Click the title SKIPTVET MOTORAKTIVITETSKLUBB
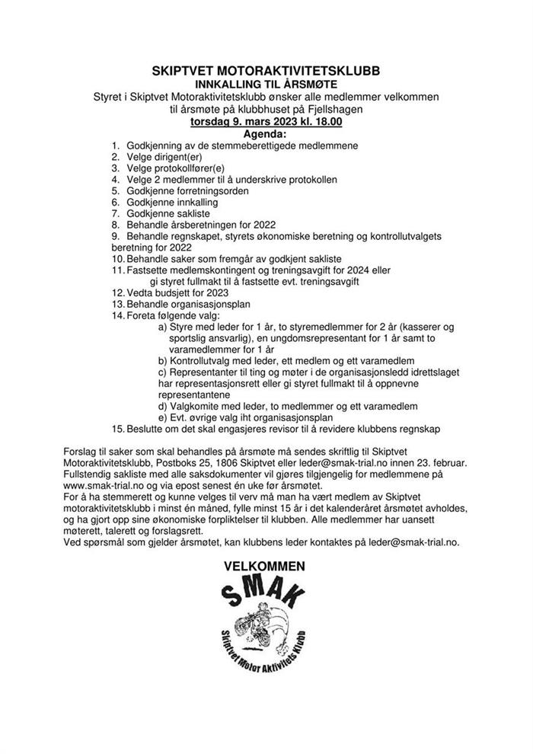(265, 71)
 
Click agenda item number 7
(115, 214)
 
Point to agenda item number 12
(117, 292)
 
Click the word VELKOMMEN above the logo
(264, 566)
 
